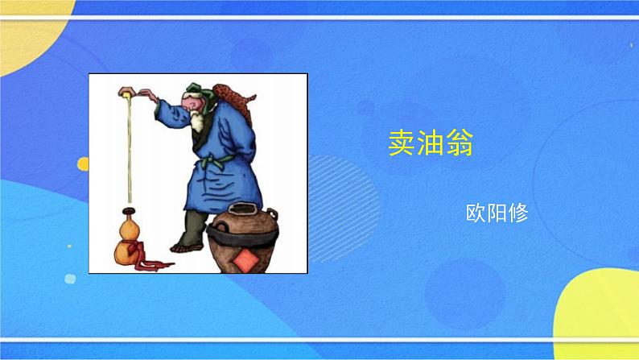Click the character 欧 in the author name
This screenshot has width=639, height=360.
[x=476, y=214]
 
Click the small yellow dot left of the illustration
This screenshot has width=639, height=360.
[x=82, y=163]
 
